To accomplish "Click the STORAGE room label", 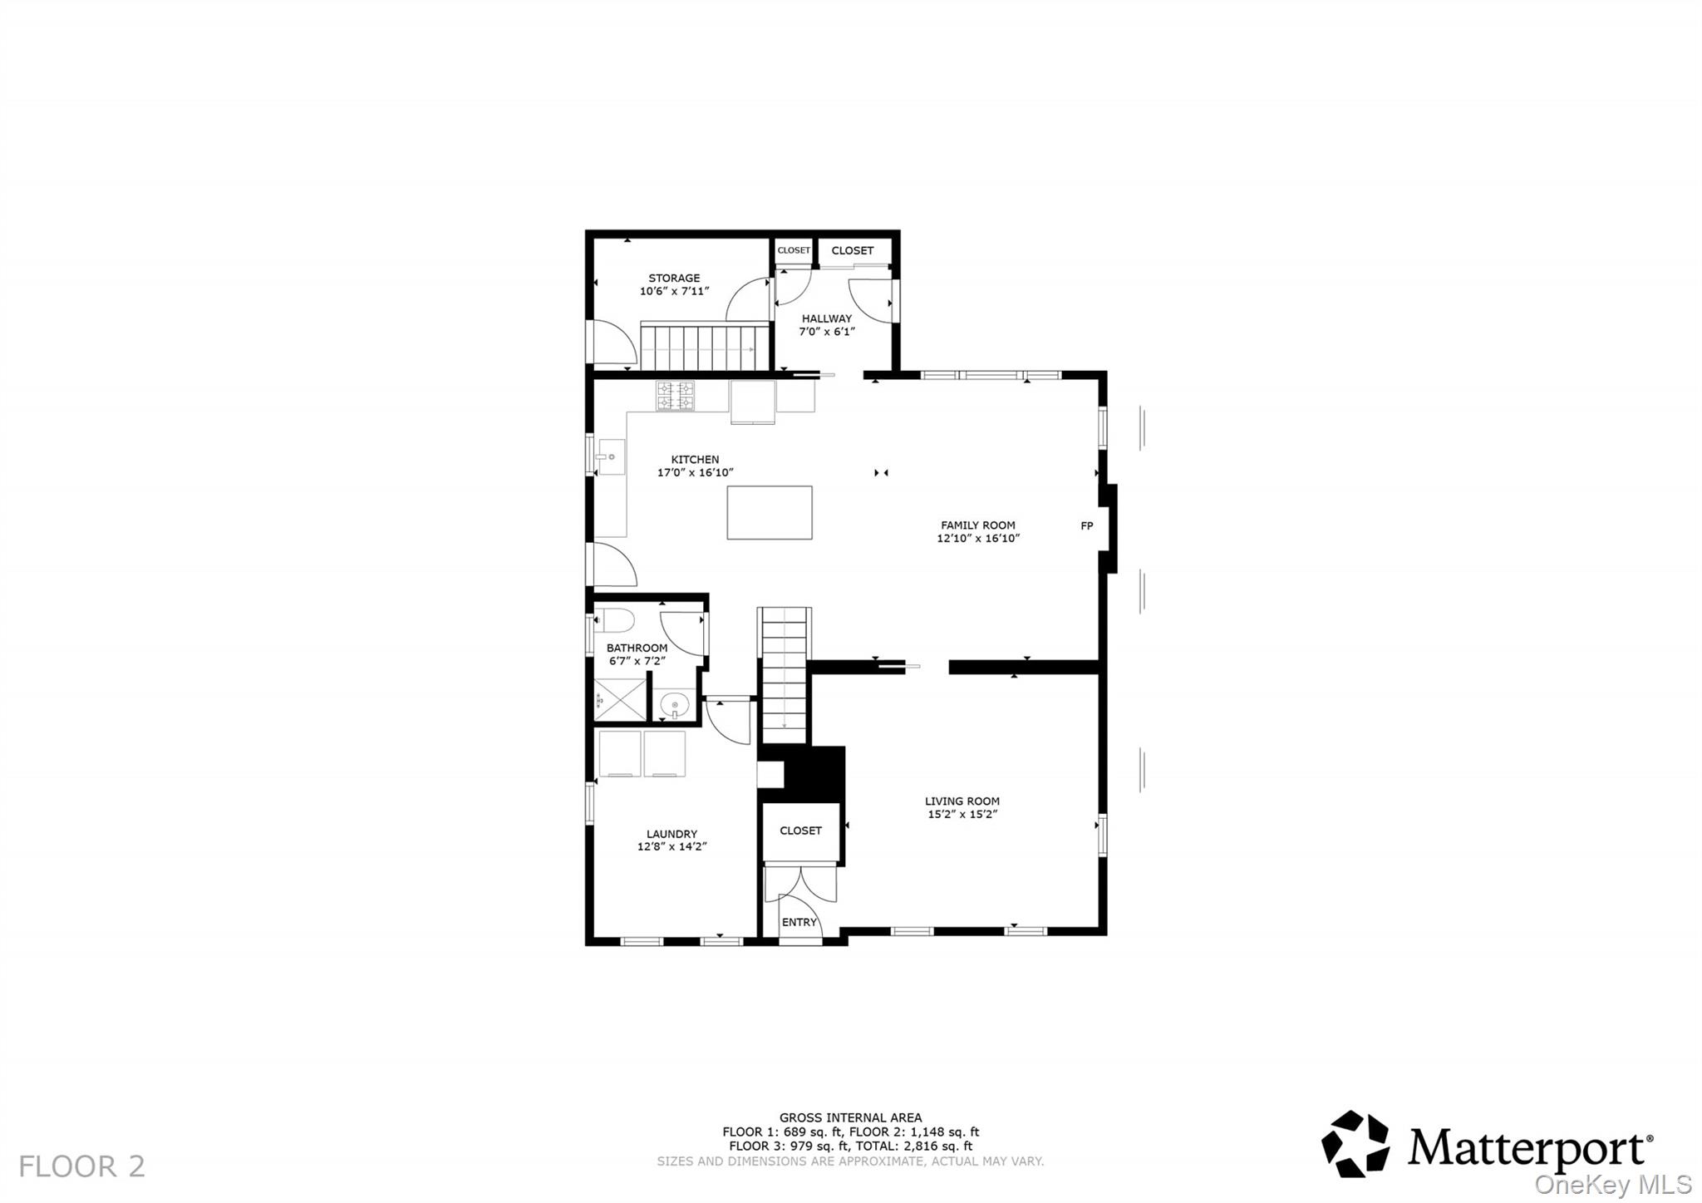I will click(674, 279).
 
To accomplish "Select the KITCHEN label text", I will click(695, 460).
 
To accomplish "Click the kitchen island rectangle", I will click(770, 513).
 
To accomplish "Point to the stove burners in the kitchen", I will click(675, 396).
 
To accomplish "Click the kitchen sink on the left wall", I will click(610, 457).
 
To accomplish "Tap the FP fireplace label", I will click(1086, 525).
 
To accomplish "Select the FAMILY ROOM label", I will click(977, 525).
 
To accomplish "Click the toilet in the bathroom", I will click(614, 620).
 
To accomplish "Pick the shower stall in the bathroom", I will click(620, 699).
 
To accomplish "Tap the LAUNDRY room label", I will click(671, 834).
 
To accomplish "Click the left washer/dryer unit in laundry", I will click(620, 753).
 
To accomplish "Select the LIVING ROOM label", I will click(962, 801).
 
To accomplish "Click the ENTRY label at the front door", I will click(799, 922).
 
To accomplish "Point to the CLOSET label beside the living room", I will click(800, 831).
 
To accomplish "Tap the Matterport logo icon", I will click(1355, 1144).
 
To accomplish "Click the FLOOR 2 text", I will click(81, 1166).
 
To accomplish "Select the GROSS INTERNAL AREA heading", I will click(850, 1117).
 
